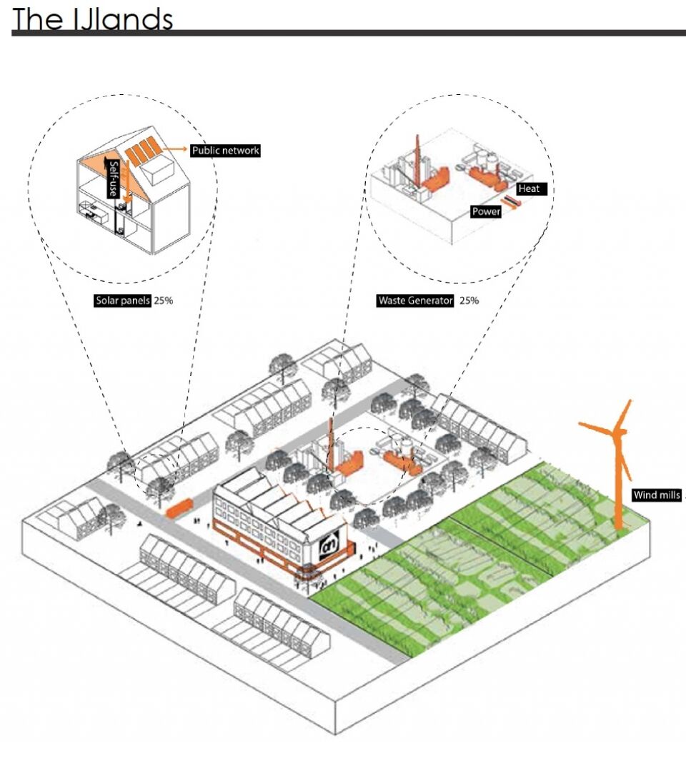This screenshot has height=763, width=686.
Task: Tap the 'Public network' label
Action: (x=224, y=151)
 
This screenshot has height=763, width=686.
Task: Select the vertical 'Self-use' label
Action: (x=113, y=178)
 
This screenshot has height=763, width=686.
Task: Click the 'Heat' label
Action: (x=530, y=189)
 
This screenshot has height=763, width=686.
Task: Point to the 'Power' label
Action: (x=486, y=211)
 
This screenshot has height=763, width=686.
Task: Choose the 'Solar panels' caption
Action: (x=122, y=300)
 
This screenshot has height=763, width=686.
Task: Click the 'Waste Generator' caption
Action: (x=415, y=300)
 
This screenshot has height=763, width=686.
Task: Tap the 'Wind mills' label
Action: (x=657, y=495)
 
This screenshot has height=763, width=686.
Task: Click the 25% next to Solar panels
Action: (x=163, y=300)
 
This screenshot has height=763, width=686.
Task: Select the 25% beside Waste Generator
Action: (x=469, y=300)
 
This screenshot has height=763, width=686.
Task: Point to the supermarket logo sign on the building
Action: (x=329, y=546)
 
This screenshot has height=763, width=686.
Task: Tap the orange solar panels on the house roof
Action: (x=141, y=151)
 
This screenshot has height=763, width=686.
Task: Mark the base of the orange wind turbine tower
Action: (x=619, y=527)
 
